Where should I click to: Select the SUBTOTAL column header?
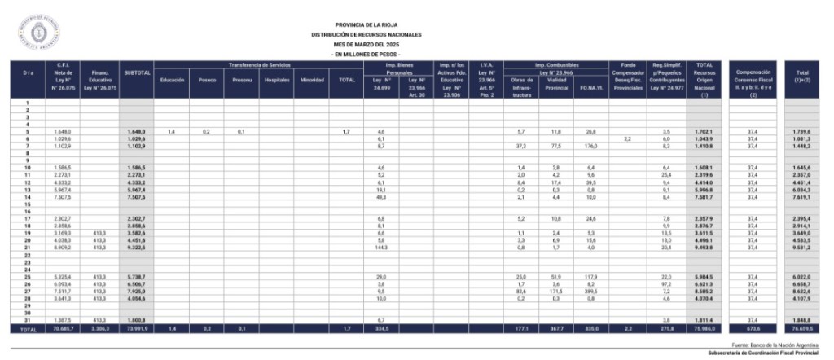(137, 73)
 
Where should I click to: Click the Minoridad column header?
(313, 81)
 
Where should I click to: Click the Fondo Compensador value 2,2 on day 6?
(627, 138)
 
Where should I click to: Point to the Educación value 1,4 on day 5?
(172, 131)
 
